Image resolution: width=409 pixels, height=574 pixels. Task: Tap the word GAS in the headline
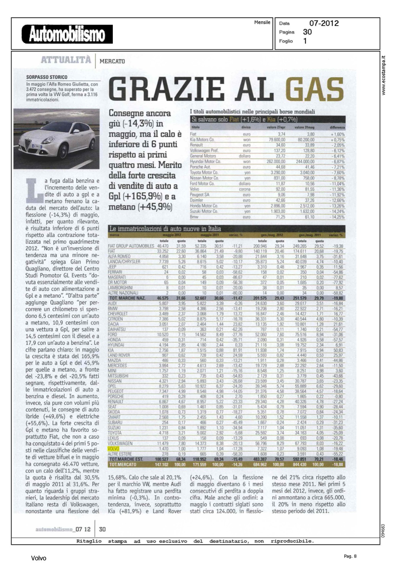pyautogui.click(x=315, y=89)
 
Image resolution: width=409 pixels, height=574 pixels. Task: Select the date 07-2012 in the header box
pyautogui.click(x=324, y=23)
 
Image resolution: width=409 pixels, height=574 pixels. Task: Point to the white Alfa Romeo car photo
pyautogui.click(x=56, y=138)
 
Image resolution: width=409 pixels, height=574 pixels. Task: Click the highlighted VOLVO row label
pyautogui.click(x=114, y=448)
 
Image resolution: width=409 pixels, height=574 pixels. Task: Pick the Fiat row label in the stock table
pyautogui.click(x=193, y=134)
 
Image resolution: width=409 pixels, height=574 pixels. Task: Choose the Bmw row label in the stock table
pyautogui.click(x=194, y=217)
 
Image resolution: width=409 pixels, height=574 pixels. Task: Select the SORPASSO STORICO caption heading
pyautogui.click(x=47, y=77)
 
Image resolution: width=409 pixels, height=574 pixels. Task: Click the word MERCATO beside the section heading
pyautogui.click(x=112, y=61)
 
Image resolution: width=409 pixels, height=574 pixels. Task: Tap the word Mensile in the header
pyautogui.click(x=262, y=23)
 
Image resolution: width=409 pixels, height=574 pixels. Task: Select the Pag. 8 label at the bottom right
pyautogui.click(x=350, y=556)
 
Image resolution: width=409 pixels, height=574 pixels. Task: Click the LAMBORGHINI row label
pyautogui.click(x=120, y=287)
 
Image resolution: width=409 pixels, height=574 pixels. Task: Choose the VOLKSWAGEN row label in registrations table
pyautogui.click(x=120, y=443)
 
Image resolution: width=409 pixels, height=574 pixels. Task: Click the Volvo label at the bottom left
pyautogui.click(x=39, y=558)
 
